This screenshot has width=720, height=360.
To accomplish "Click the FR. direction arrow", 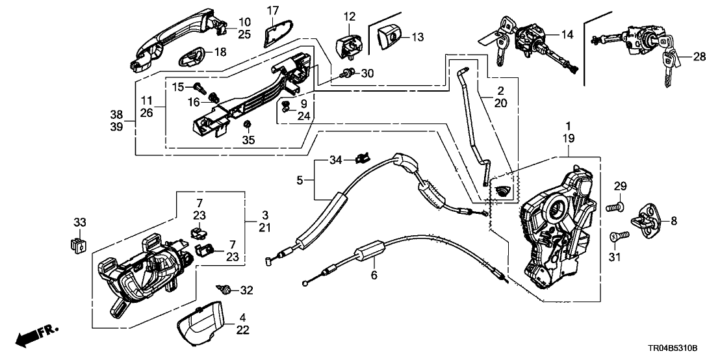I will [x=36, y=335].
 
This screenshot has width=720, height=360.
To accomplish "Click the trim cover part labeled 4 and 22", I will [x=201, y=325].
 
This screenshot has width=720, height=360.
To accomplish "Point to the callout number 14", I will [x=568, y=34].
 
